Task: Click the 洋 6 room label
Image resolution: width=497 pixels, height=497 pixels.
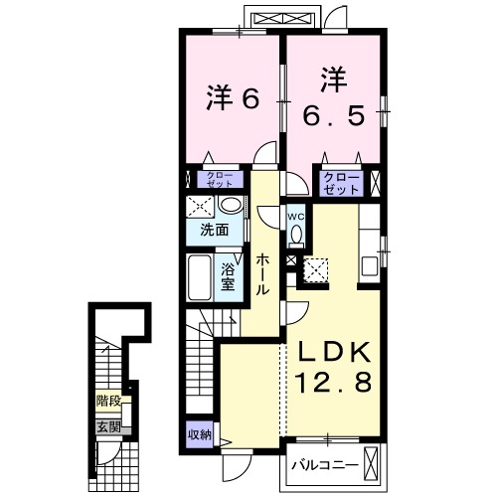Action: coord(233,98)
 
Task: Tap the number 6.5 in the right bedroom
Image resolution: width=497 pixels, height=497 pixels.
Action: coord(334,115)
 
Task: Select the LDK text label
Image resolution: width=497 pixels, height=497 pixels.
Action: coord(334,353)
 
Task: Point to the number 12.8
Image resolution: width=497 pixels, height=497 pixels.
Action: coord(334,383)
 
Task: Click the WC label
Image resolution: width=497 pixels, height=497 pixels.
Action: coord(296,217)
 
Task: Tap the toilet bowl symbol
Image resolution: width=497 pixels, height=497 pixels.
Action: coord(296,235)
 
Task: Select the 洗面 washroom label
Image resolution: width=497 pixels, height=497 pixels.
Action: coord(215,230)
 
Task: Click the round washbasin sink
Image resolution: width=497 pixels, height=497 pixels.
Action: coord(232,205)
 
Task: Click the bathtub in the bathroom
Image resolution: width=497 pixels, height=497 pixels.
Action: coord(200,277)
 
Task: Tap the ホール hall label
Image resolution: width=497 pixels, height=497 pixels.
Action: coord(262,274)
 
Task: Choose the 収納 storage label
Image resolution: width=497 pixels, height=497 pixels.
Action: coord(200,434)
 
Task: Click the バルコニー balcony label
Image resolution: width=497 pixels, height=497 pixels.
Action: coord(325,466)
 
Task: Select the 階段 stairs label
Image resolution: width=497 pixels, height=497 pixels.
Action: coord(108,401)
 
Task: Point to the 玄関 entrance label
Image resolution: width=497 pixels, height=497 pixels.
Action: coord(108,427)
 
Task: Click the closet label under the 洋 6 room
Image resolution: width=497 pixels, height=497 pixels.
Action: coord(220,179)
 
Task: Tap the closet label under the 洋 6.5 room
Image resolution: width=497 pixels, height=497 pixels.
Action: coord(341,183)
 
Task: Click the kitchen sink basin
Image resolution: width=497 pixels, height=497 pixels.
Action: coord(370,266)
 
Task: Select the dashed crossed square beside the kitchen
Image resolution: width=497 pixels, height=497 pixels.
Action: coord(316,270)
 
